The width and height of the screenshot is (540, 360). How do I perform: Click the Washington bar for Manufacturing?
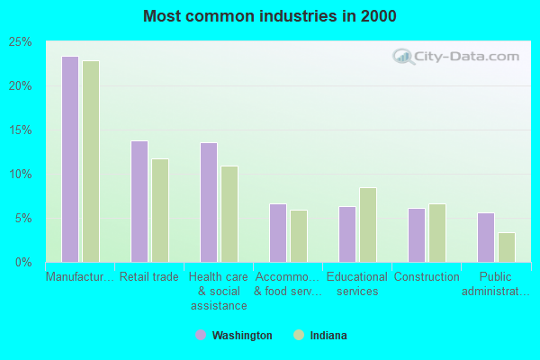tap(69, 159)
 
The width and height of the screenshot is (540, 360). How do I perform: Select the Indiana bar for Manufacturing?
tap(90, 162)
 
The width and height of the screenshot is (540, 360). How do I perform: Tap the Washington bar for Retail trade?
tap(139, 202)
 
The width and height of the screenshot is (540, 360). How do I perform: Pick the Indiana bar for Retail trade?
tap(159, 211)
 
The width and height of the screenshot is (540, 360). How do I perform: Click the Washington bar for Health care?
tap(208, 202)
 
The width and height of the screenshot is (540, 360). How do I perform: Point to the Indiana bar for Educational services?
tap(367, 225)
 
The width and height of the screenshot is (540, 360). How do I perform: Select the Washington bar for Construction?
tap(416, 235)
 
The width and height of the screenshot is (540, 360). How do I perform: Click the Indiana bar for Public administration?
tap(506, 247)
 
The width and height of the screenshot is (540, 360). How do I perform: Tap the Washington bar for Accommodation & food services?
tap(277, 233)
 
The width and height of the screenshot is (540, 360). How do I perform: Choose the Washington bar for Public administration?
tap(485, 238)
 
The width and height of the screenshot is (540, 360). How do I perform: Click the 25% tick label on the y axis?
tap(20, 42)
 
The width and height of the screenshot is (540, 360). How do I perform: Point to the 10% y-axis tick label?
tap(20, 175)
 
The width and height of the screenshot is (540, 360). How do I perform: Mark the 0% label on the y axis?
tap(22, 263)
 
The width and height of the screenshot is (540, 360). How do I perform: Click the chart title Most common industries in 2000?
tap(269, 16)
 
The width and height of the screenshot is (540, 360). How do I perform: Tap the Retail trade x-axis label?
tap(148, 277)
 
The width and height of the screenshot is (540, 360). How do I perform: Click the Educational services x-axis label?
tap(356, 283)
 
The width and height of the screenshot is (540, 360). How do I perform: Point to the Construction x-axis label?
tap(427, 277)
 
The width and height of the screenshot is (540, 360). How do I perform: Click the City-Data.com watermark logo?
tap(456, 56)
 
